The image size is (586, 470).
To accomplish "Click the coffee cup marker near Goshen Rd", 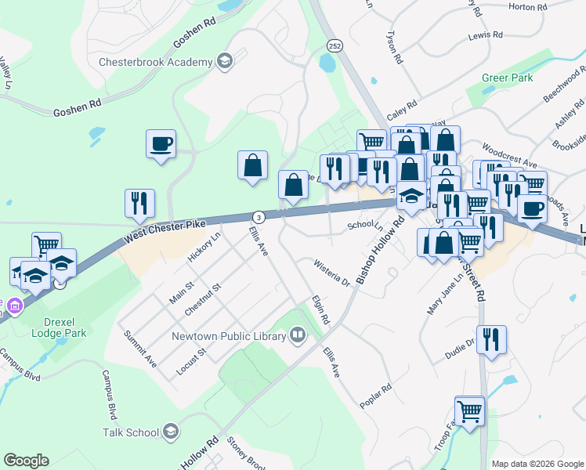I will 161,144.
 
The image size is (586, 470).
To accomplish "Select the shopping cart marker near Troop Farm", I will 469,411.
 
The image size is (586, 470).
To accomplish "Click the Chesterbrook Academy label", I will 156,62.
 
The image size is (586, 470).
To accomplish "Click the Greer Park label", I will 508,78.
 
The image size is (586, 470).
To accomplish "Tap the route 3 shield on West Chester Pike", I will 257,216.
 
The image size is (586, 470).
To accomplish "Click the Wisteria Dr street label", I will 331,270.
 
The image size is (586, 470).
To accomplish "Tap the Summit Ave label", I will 140,349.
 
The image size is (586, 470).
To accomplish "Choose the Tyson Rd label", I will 393,48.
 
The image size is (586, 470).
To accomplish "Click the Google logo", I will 26,461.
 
